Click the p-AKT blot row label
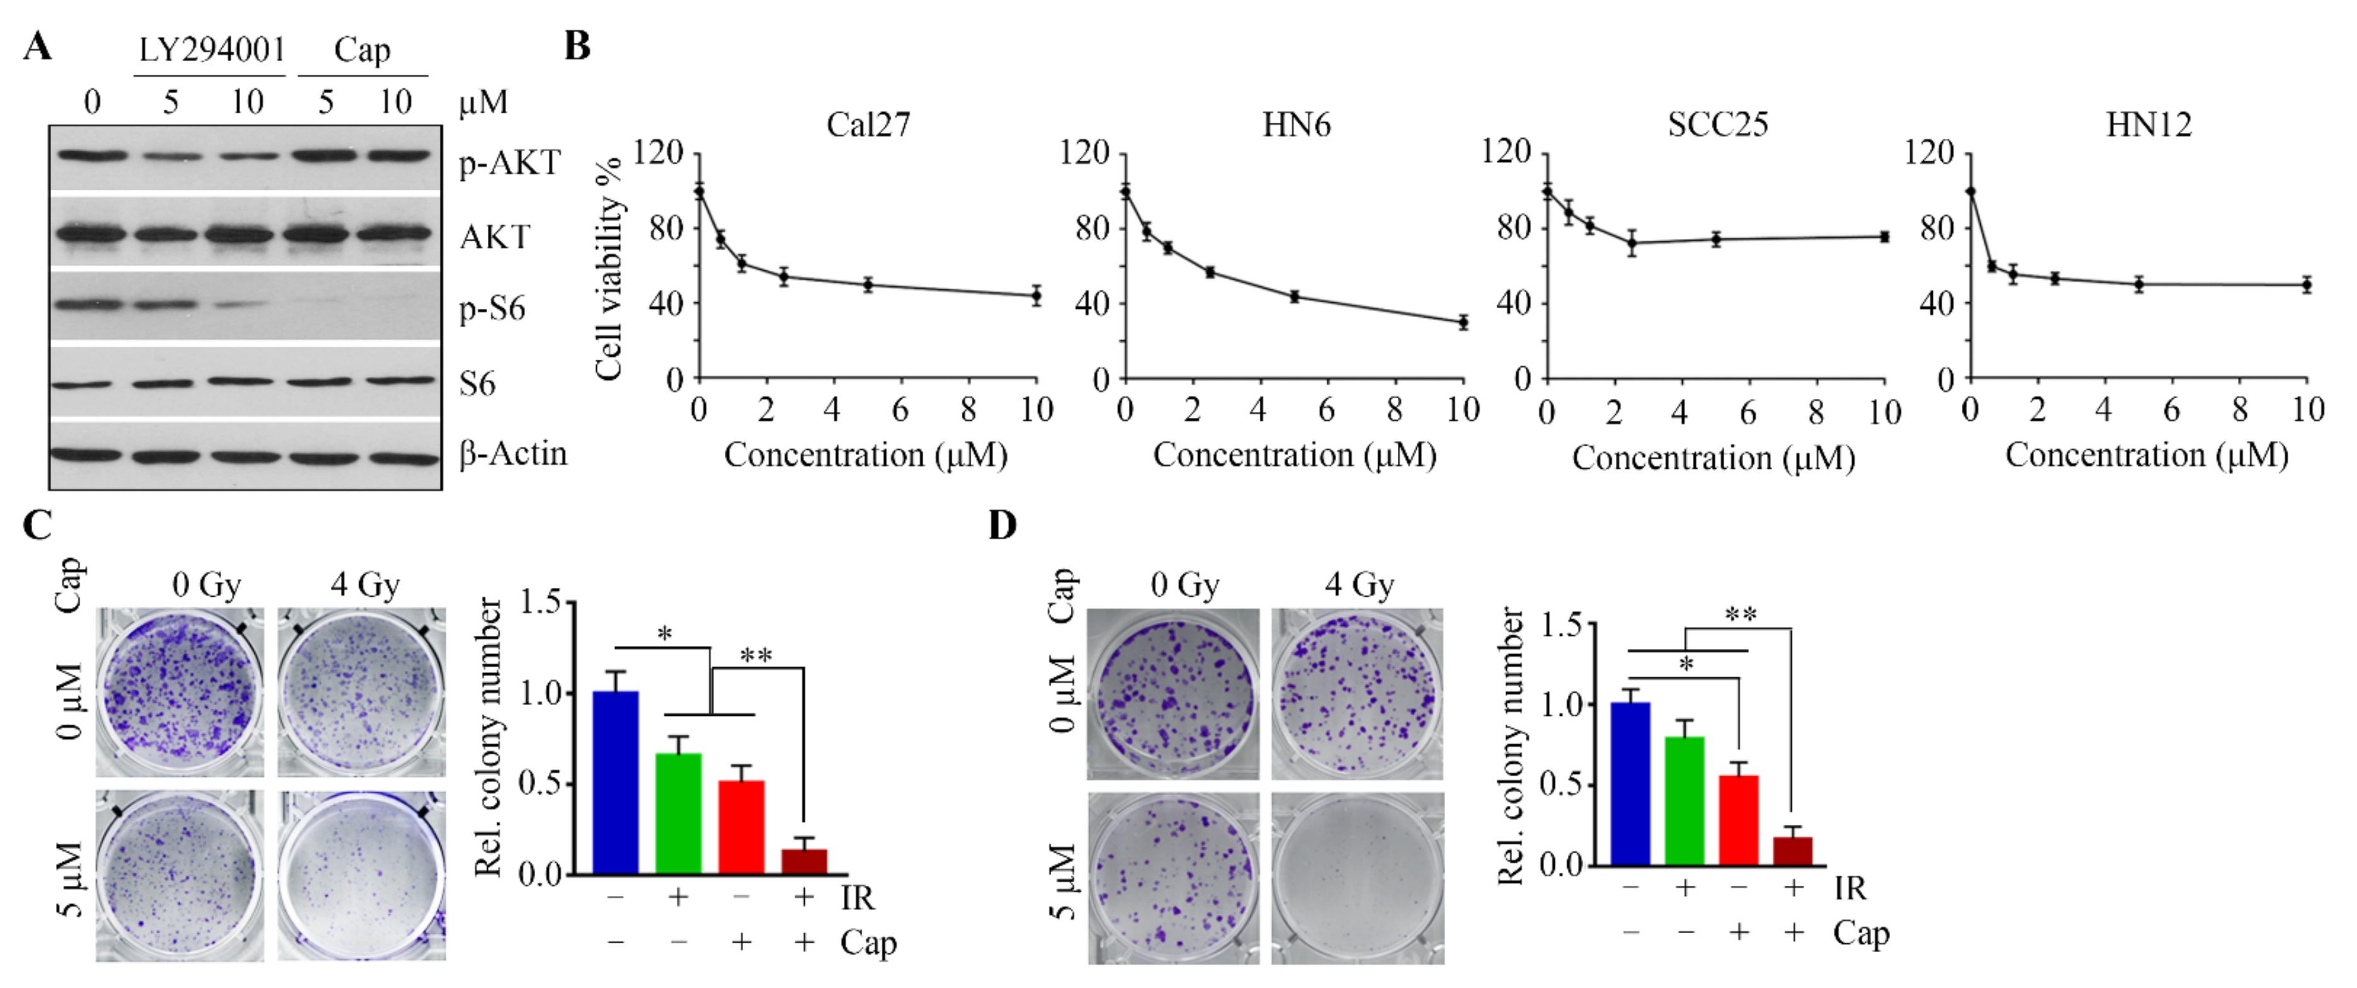[x=509, y=163]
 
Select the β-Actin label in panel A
[x=512, y=454]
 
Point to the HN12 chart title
[x=2148, y=124]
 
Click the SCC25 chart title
[x=1717, y=124]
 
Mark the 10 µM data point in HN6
[x=1463, y=322]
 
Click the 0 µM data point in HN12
[x=1970, y=191]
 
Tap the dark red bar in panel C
[x=804, y=862]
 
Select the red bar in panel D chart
[x=1739, y=820]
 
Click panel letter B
[x=577, y=46]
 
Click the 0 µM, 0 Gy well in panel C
[x=180, y=692]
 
